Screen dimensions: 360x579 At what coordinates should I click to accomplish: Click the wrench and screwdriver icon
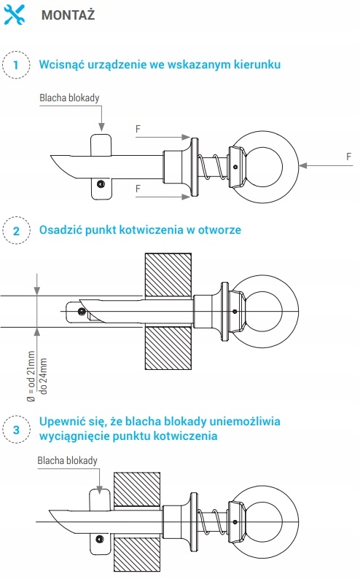click(15, 15)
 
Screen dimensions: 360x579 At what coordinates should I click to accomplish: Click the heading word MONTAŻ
click(68, 15)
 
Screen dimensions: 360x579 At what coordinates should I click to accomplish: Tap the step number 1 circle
click(16, 65)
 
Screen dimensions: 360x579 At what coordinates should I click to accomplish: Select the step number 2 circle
click(16, 231)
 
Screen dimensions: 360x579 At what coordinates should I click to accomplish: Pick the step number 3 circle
click(16, 430)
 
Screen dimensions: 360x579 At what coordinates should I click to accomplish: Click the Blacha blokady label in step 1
click(69, 98)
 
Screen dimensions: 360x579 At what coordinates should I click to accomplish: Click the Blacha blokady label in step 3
click(67, 460)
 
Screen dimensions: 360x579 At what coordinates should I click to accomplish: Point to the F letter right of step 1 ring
click(348, 157)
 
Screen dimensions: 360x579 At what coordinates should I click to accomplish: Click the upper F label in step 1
click(138, 129)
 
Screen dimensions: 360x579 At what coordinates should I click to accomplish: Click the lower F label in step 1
click(138, 189)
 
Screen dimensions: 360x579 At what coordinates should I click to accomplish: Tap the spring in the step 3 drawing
click(212, 521)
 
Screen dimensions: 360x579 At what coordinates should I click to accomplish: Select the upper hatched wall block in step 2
click(168, 275)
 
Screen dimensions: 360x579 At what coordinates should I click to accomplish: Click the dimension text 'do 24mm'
click(44, 376)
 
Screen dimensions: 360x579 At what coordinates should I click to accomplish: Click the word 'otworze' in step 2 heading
click(219, 230)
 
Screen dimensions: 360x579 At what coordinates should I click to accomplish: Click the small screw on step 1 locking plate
click(100, 184)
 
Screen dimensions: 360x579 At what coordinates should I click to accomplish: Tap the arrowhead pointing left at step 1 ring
click(303, 165)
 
